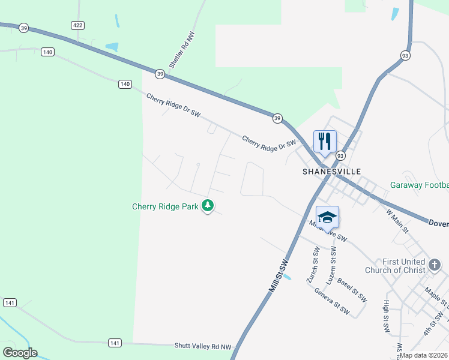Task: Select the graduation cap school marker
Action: tap(327, 217)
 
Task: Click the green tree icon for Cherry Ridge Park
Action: tap(208, 206)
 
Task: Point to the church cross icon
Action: tap(435, 263)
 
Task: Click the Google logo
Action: tap(20, 353)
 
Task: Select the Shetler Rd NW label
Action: tap(182, 50)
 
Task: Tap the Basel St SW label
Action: tap(352, 289)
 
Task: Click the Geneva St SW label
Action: tap(332, 301)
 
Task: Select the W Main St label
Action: tap(397, 221)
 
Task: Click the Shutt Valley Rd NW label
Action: tap(203, 346)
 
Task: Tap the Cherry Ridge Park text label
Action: tap(165, 207)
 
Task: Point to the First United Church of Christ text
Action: tap(403, 266)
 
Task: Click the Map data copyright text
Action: tap(423, 355)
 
